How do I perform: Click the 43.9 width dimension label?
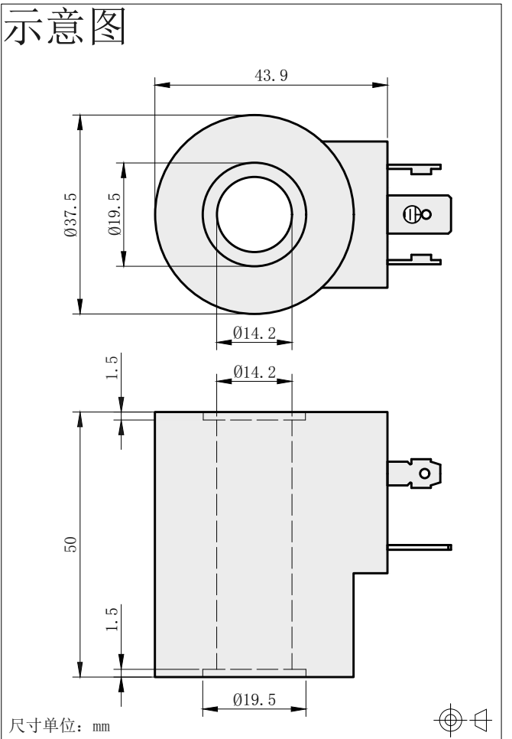tap(271, 76)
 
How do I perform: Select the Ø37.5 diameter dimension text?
tap(70, 214)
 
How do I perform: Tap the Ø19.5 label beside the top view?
tap(115, 214)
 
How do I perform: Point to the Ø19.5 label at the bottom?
tap(254, 699)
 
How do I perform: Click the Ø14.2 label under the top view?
tap(254, 334)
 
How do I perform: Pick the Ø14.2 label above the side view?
tap(254, 373)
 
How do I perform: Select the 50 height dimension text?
tap(70, 545)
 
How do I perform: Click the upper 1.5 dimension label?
tap(112, 368)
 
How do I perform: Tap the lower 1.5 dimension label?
tap(112, 619)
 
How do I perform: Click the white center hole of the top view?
tap(254, 214)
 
